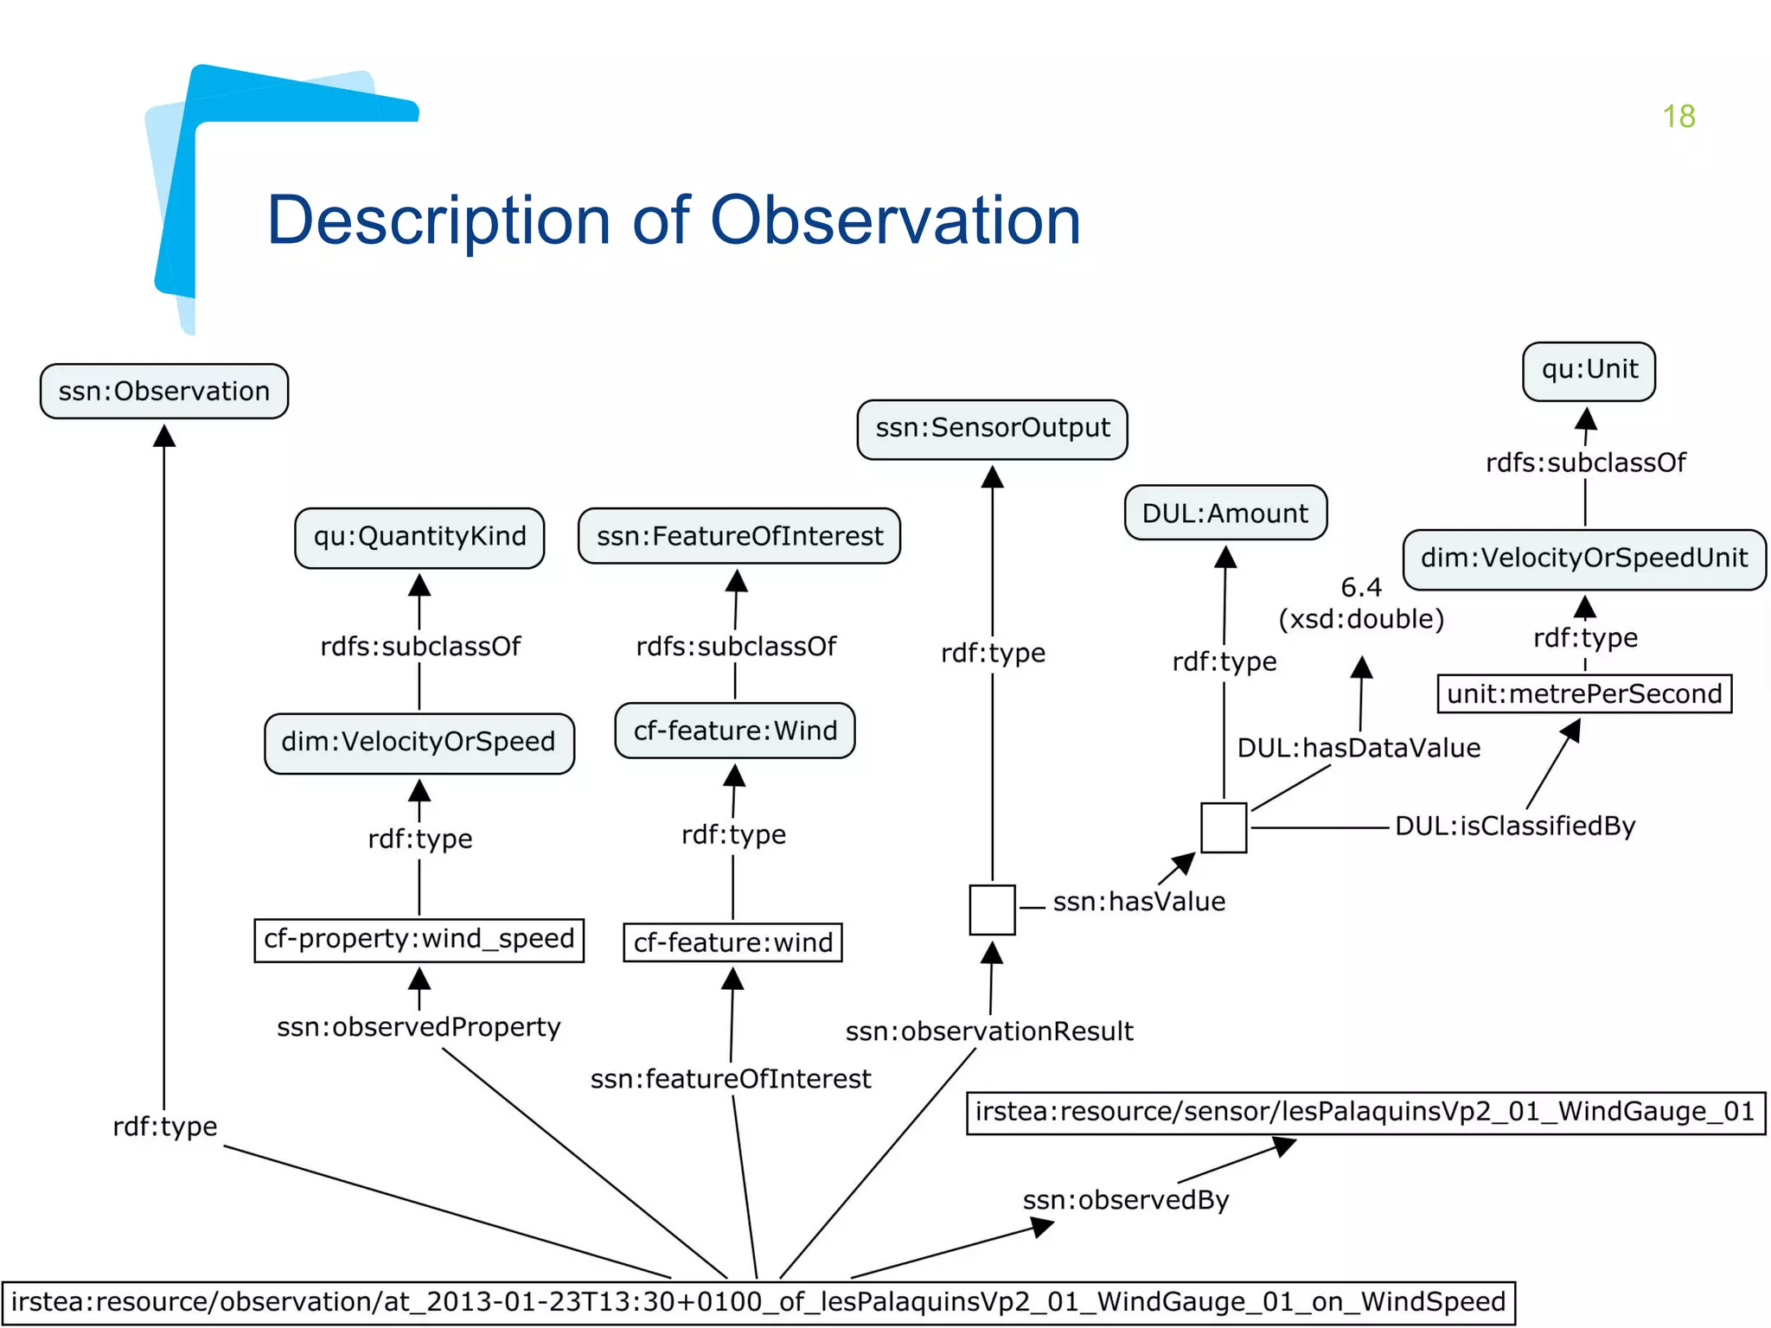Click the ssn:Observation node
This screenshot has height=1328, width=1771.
pos(163,392)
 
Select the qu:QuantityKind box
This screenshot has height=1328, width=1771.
pos(419,537)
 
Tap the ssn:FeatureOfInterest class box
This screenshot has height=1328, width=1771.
pos(739,536)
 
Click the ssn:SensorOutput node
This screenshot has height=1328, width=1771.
pos(992,428)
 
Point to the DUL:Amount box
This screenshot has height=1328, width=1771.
pos(1224,514)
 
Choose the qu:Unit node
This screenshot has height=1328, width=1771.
pos(1589,370)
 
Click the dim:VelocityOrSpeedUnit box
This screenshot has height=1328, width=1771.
pos(1583,559)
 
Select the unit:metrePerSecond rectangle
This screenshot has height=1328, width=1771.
pos(1583,694)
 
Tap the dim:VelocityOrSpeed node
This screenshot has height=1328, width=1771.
pos(419,742)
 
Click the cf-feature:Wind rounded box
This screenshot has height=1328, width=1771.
pos(734,731)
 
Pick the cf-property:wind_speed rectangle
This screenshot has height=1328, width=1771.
pos(419,939)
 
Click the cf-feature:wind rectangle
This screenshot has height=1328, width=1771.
pos(732,942)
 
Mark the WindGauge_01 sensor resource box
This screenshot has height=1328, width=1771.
pos(1365,1112)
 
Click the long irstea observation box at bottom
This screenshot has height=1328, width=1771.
pos(758,1302)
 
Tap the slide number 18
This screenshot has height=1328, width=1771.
pos(1678,117)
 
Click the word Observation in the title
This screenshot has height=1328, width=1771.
pos(895,220)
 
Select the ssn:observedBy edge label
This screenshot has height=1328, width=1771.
pos(1125,1200)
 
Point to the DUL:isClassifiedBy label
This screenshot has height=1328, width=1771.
pos(1514,827)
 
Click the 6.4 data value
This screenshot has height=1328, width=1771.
pos(1361,588)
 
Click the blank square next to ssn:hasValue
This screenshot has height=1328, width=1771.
pos(992,910)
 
